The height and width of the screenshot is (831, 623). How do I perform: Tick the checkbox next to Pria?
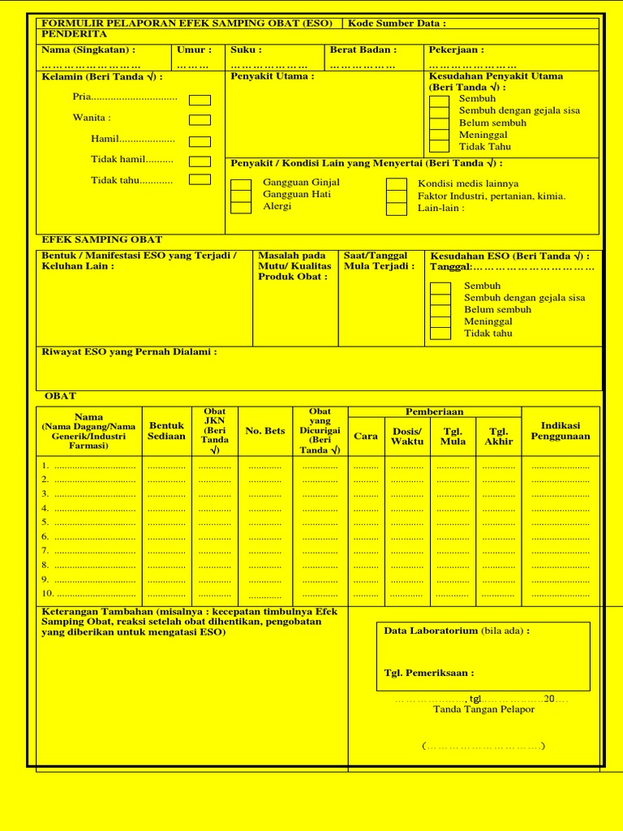200,100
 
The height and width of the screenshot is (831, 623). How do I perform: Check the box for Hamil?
200,141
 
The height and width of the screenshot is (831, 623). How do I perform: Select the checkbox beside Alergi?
241,208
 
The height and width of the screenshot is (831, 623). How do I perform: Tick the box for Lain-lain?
396,209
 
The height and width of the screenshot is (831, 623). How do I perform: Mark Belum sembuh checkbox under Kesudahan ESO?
440,311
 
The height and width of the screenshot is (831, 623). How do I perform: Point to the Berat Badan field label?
363,50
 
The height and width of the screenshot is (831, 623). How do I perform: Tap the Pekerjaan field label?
456,50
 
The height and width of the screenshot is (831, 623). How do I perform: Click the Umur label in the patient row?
194,50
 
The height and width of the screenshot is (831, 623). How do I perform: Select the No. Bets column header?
265,431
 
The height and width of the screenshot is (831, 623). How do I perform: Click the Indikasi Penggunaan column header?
560,431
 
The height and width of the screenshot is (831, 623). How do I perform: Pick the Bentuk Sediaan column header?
166,431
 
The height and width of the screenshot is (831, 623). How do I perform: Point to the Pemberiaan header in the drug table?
435,412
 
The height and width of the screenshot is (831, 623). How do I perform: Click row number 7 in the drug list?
45,551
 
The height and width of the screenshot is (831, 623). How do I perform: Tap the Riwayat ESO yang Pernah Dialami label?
129,352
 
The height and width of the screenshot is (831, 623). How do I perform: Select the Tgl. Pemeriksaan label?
428,673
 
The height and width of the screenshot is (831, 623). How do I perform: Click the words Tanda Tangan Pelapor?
483,709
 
